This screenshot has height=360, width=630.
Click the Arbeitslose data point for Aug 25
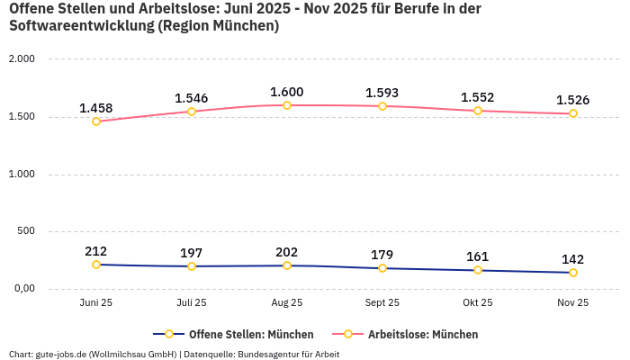click(x=287, y=105)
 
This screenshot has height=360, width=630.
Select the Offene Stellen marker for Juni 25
click(x=96, y=265)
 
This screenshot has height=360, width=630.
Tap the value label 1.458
click(x=96, y=109)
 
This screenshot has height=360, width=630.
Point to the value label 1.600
click(x=287, y=92)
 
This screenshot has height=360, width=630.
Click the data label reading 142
click(x=573, y=259)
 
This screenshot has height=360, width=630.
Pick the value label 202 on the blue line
click(x=287, y=252)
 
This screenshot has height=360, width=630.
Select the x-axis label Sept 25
click(x=382, y=303)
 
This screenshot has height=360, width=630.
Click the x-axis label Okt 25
click(x=478, y=303)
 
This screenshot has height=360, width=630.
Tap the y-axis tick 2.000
click(x=21, y=59)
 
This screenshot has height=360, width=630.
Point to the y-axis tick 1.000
click(x=21, y=174)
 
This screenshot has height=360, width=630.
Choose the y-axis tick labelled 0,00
click(x=22, y=289)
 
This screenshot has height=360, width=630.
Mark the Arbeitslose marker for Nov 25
click(x=573, y=113)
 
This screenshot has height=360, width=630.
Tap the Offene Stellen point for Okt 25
click(x=478, y=270)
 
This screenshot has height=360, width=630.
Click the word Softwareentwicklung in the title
click(x=81, y=26)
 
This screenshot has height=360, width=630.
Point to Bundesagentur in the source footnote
click(x=267, y=354)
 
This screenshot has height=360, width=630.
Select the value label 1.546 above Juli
click(x=192, y=98)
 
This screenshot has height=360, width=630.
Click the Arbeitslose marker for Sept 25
click(x=382, y=106)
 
